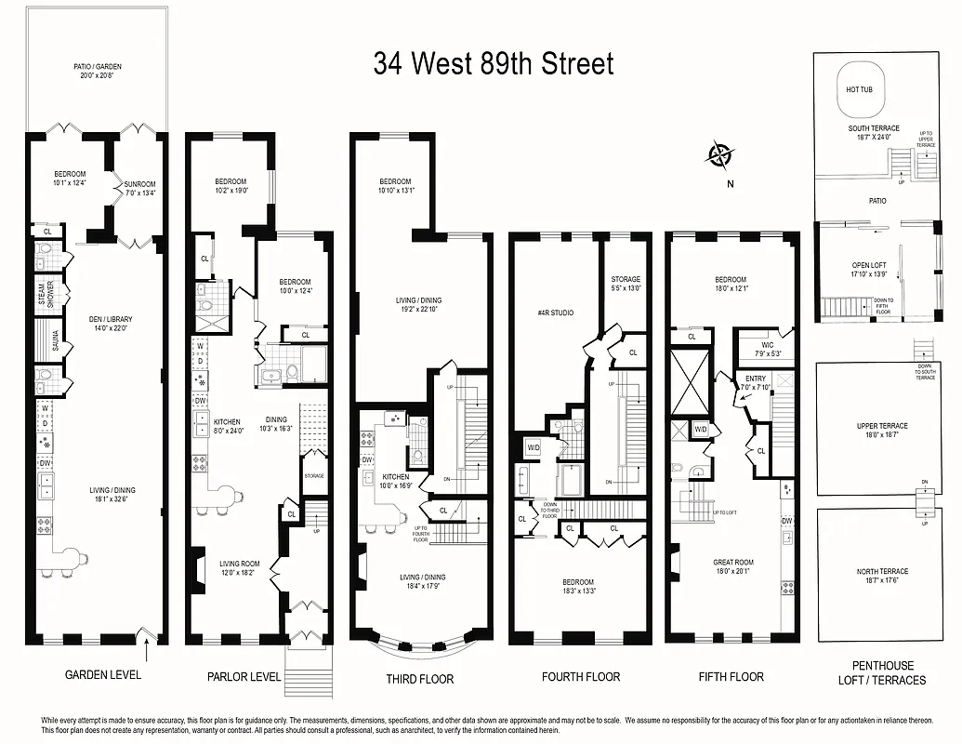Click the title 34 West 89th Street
494,64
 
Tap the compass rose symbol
720,154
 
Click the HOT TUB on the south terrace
859,90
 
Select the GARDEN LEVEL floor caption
103,674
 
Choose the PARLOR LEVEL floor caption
244,677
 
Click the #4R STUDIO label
556,313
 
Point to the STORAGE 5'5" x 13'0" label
626,283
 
